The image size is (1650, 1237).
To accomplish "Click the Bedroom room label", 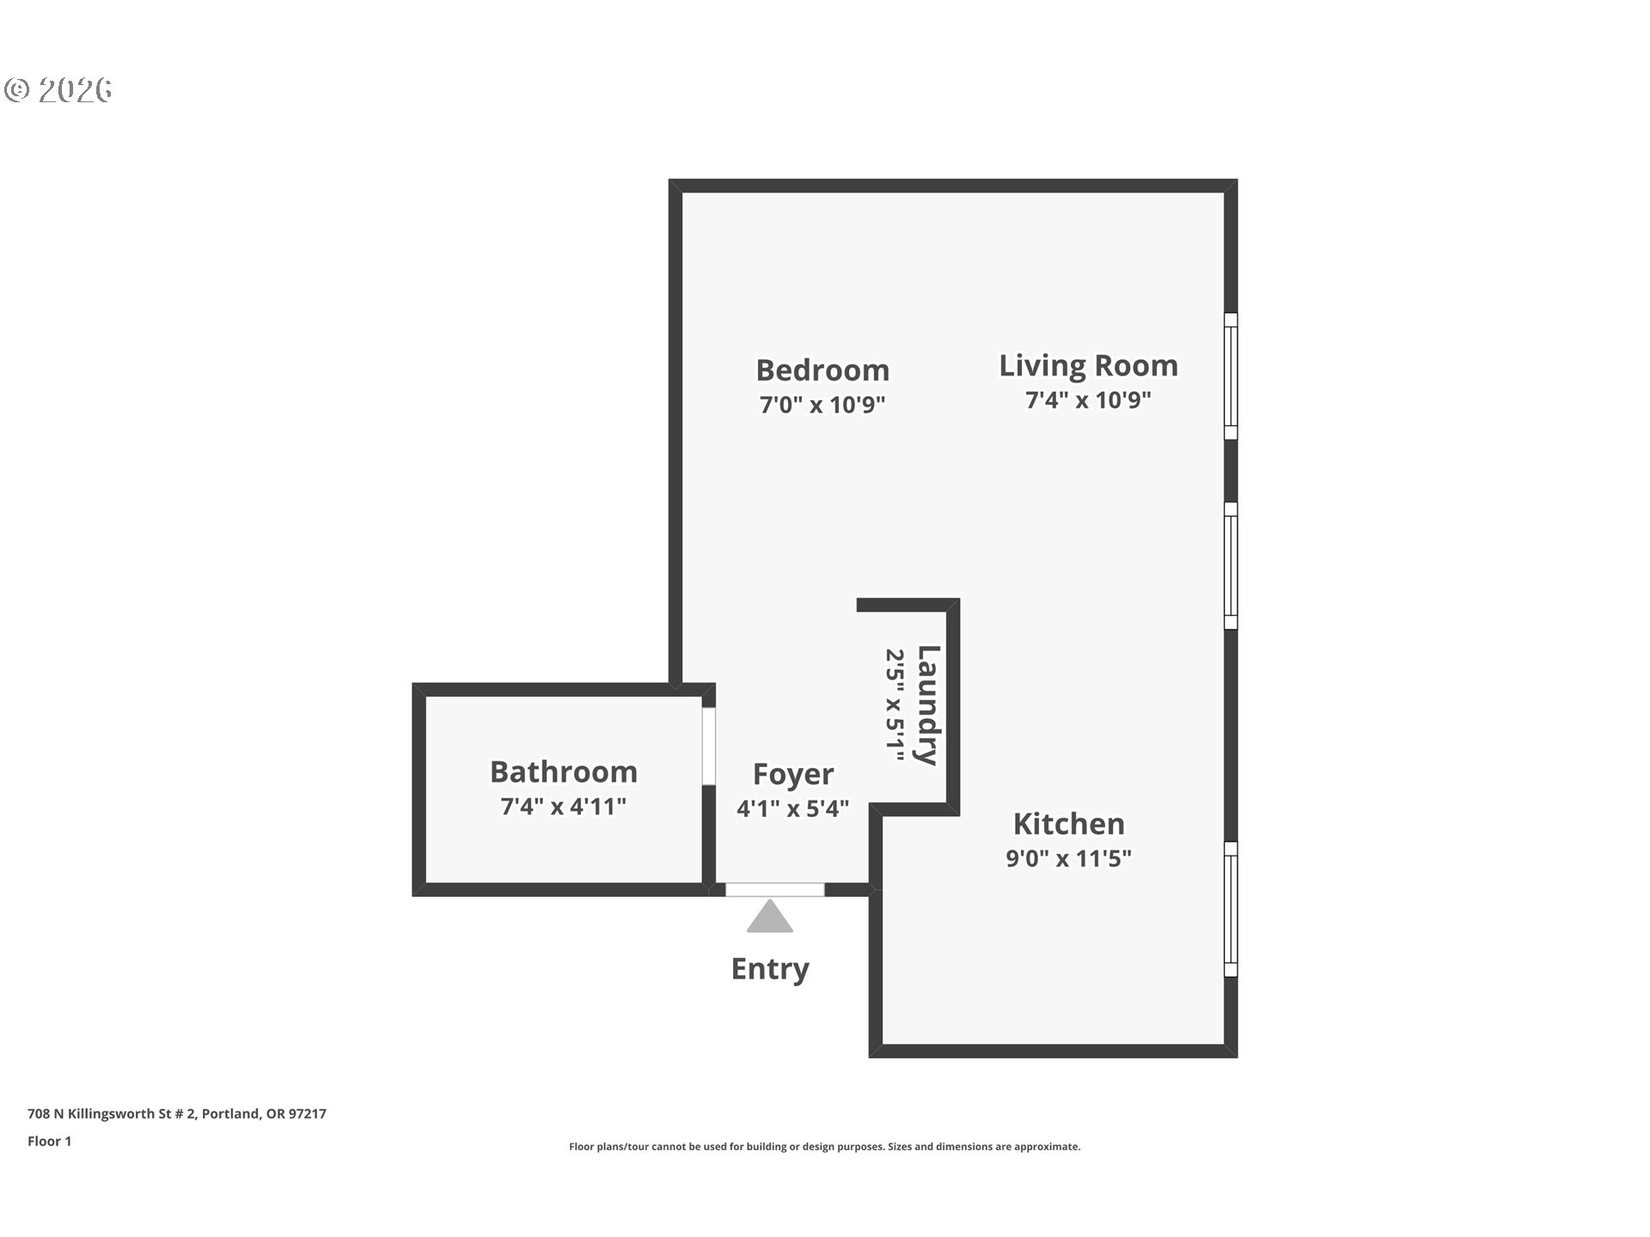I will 822,370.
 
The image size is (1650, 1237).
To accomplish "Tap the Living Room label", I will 1088,365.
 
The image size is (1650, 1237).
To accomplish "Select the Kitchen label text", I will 1068,824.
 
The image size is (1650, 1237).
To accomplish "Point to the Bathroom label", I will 564,771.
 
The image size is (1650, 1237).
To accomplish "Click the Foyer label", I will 792,774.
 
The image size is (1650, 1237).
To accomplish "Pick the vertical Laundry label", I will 928,705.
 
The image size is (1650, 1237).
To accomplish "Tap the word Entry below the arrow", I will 770,968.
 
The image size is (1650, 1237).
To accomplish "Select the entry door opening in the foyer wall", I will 774,889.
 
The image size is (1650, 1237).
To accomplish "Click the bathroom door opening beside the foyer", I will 709,746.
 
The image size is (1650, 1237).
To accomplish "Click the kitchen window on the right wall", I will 1231,909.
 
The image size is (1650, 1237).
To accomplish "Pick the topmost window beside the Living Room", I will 1231,376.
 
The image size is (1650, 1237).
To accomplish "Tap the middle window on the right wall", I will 1231,565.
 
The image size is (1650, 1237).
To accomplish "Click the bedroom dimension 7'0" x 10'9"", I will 822,405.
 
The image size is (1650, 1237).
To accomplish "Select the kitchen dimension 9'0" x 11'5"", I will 1068,858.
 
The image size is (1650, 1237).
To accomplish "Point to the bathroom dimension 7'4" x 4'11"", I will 564,807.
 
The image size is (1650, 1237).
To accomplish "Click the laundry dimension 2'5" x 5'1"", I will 895,705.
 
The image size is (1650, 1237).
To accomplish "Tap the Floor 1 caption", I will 49,1141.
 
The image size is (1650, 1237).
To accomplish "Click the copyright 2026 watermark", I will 58,89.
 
